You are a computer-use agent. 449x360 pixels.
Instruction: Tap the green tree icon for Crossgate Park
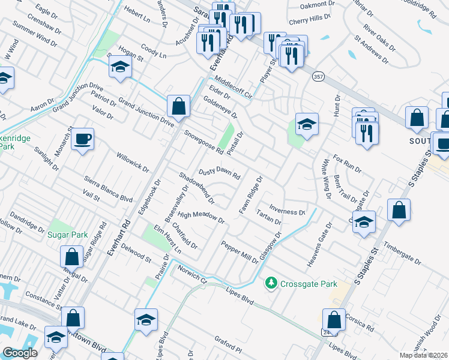[271, 282]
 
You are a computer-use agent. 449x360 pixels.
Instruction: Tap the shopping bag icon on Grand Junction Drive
[178, 107]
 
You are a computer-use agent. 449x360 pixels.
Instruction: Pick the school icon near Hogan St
[121, 67]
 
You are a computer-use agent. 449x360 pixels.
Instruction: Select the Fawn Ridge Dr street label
[252, 195]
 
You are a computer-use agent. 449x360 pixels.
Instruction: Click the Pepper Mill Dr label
[239, 253]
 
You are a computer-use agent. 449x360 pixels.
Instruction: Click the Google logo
[20, 353]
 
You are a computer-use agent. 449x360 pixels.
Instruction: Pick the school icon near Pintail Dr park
[307, 125]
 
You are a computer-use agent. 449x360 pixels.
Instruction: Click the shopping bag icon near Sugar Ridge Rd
[71, 257]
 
